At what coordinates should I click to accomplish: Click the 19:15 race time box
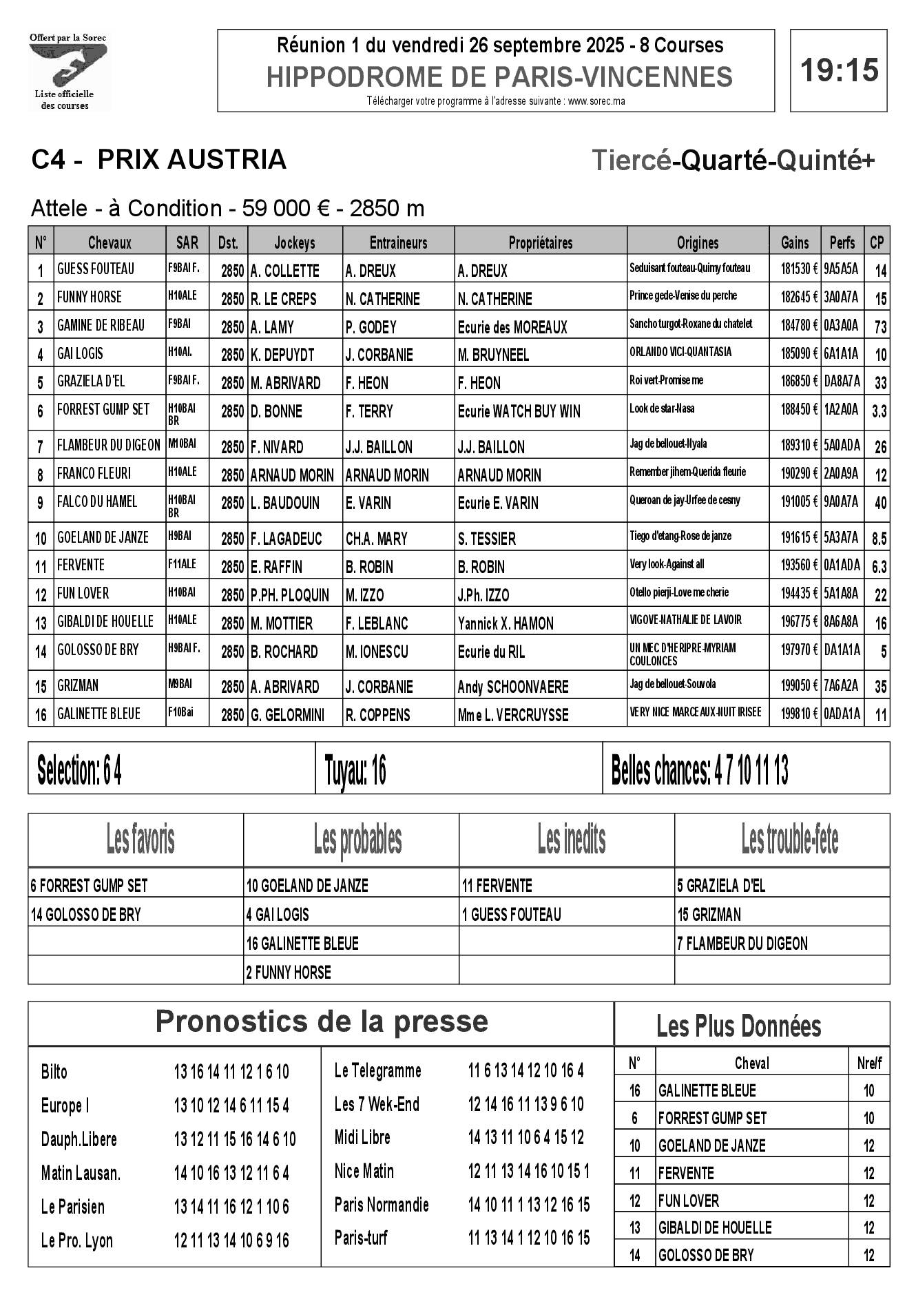(838, 70)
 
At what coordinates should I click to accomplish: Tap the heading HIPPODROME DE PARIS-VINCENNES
(499, 76)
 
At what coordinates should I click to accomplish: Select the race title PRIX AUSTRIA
(191, 160)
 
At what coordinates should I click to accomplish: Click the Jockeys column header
(294, 242)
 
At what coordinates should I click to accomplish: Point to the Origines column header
(697, 242)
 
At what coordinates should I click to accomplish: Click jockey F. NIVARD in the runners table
(277, 447)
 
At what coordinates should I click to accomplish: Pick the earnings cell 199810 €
(794, 714)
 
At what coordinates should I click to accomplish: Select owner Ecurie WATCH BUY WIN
(519, 412)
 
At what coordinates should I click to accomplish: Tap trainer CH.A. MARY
(376, 539)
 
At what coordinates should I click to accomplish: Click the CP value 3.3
(879, 412)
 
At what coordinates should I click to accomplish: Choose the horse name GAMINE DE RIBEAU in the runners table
(101, 325)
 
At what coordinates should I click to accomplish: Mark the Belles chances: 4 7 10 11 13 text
(699, 770)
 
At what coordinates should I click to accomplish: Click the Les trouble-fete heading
(789, 839)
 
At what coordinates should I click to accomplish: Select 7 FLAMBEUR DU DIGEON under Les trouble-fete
(742, 943)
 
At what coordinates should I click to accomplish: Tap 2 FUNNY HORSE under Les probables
(289, 972)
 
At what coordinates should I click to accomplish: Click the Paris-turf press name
(361, 1238)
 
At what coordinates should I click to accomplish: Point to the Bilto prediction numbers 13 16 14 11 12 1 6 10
(231, 1072)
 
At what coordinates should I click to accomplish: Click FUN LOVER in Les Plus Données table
(688, 1201)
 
